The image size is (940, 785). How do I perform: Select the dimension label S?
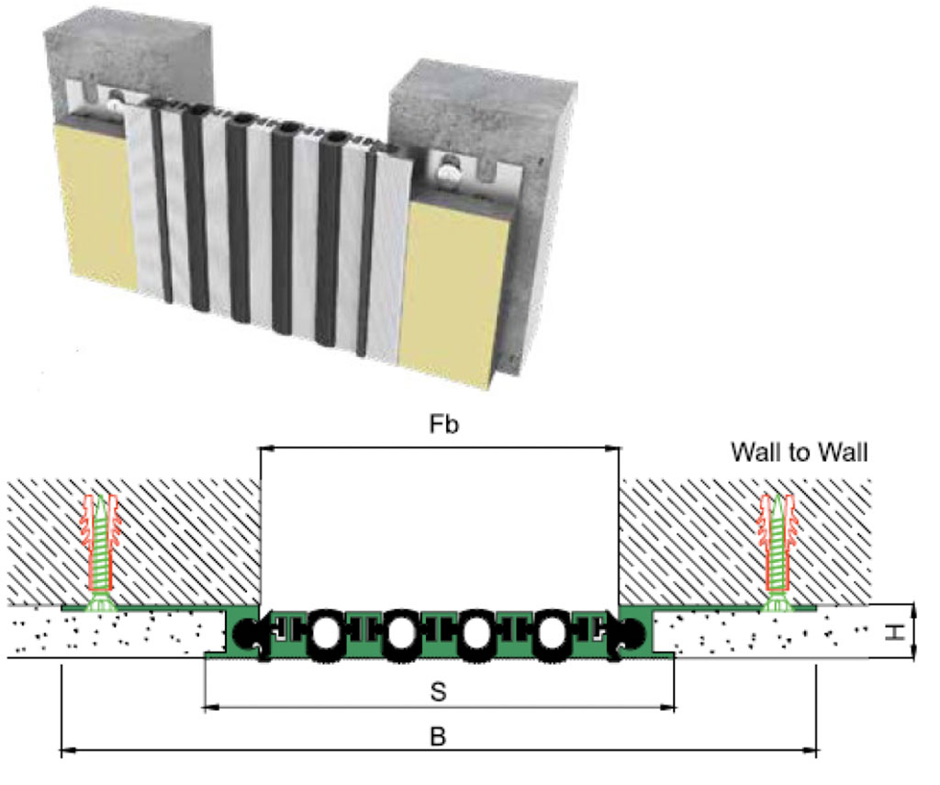click(439, 691)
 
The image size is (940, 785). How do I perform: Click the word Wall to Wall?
click(799, 452)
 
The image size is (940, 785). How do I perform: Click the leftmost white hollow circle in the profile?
click(325, 632)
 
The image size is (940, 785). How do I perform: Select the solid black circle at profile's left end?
click(246, 633)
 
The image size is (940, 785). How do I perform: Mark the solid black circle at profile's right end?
click(632, 633)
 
